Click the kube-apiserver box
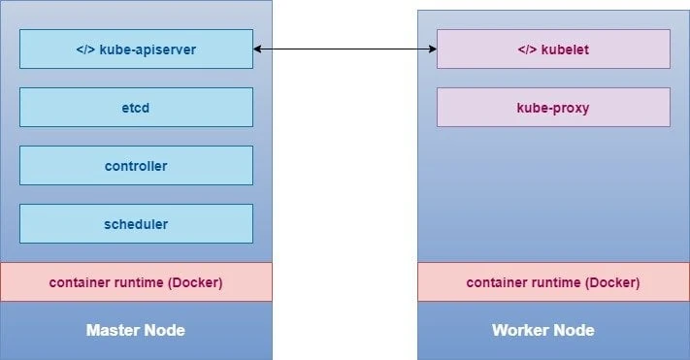click(x=136, y=49)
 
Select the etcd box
click(x=136, y=108)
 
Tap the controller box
click(x=136, y=166)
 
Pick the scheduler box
click(x=136, y=224)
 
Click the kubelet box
click(x=553, y=49)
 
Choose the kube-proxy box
click(x=553, y=108)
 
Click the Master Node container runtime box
click(x=136, y=282)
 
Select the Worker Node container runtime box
click(x=553, y=282)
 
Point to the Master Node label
click(x=136, y=331)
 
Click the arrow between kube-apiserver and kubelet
click(x=345, y=48)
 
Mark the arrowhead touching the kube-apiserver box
click(x=259, y=48)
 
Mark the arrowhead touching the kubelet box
click(x=431, y=48)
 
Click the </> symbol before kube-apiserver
click(x=84, y=49)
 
